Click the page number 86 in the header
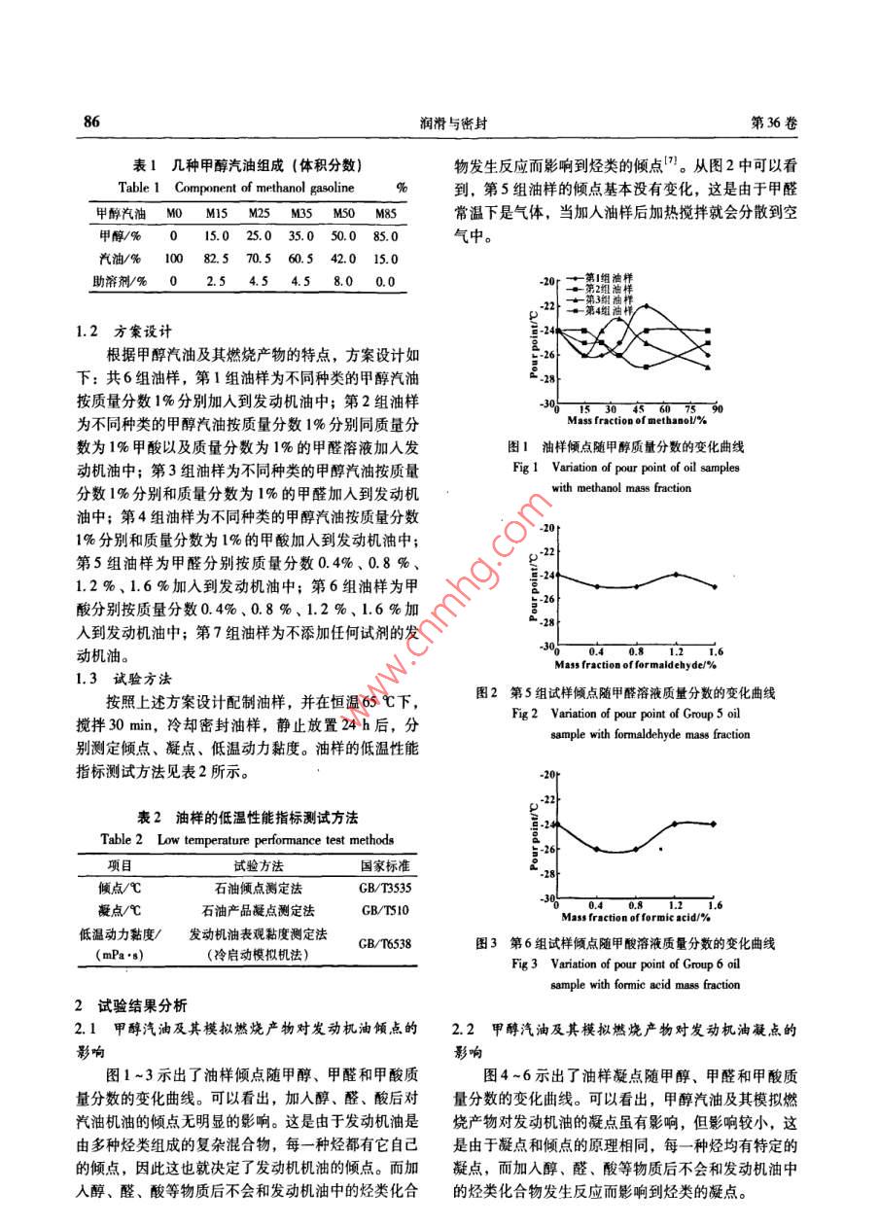pyautogui.click(x=92, y=123)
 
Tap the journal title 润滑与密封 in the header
pyautogui.click(x=439, y=123)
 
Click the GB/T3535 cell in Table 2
pyautogui.click(x=385, y=888)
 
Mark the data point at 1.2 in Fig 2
pyautogui.click(x=676, y=574)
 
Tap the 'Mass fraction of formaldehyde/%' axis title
pyautogui.click(x=636, y=665)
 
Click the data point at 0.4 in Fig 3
pyautogui.click(x=596, y=849)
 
